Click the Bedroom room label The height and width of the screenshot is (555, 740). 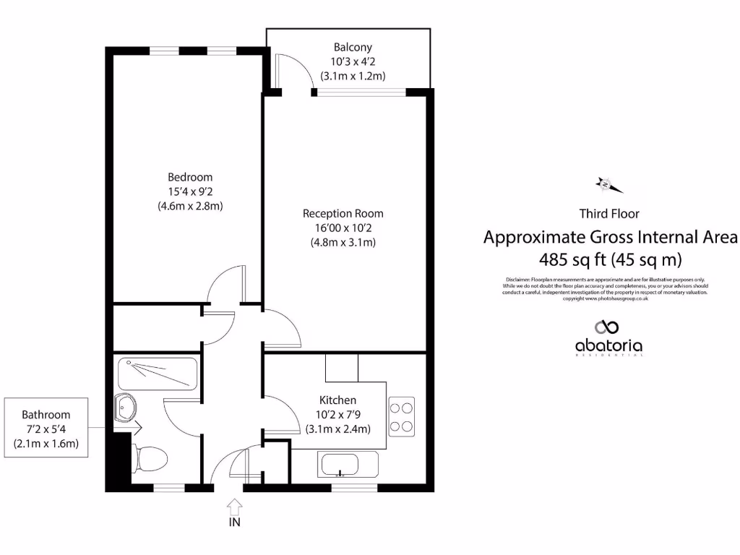click(x=190, y=177)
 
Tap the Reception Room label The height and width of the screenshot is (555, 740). click(x=343, y=213)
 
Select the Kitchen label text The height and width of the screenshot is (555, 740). click(x=337, y=400)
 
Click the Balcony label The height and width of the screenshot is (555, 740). click(x=353, y=48)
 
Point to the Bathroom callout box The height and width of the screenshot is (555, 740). click(x=46, y=429)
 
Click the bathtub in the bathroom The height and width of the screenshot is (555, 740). click(x=157, y=374)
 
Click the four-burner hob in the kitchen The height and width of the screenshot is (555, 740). click(x=401, y=417)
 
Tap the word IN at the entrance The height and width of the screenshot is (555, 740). click(x=235, y=522)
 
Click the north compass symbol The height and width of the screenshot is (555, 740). click(x=608, y=185)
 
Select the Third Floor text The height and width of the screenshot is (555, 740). click(x=608, y=213)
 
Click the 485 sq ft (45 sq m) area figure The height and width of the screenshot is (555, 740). click(x=611, y=259)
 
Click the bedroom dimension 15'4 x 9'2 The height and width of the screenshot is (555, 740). click(x=190, y=192)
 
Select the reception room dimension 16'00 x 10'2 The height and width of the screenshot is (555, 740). click(x=343, y=228)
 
